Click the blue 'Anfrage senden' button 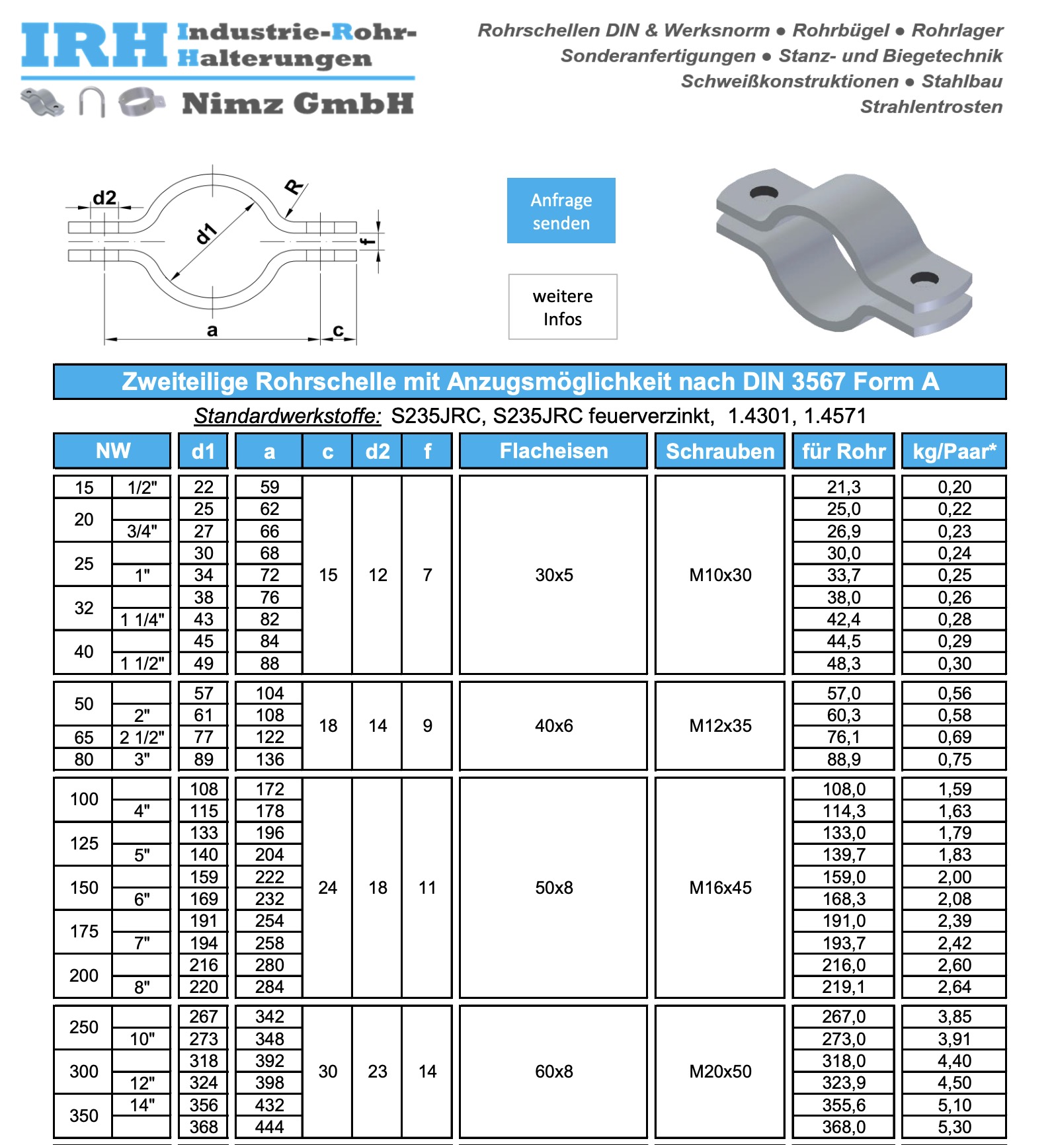pyautogui.click(x=561, y=210)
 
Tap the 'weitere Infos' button pyautogui.click(x=563, y=307)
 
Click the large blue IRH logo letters pyautogui.click(x=94, y=46)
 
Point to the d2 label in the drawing pyautogui.click(x=104, y=198)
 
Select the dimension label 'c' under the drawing pyautogui.click(x=338, y=330)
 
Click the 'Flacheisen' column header pyautogui.click(x=553, y=451)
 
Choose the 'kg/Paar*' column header pyautogui.click(x=953, y=451)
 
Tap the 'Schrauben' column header pyautogui.click(x=719, y=451)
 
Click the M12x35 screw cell pyautogui.click(x=719, y=726)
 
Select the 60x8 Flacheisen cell pyautogui.click(x=553, y=1072)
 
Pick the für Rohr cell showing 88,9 pyautogui.click(x=844, y=760)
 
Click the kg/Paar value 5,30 pyautogui.click(x=954, y=1127)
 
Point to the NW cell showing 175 pyautogui.click(x=84, y=931)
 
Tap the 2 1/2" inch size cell pyautogui.click(x=142, y=737)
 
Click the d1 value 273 pyautogui.click(x=204, y=1039)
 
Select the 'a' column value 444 pyautogui.click(x=269, y=1127)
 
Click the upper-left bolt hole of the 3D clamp pyautogui.click(x=764, y=193)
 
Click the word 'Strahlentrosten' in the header pyautogui.click(x=931, y=106)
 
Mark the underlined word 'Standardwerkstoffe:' pyautogui.click(x=288, y=416)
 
